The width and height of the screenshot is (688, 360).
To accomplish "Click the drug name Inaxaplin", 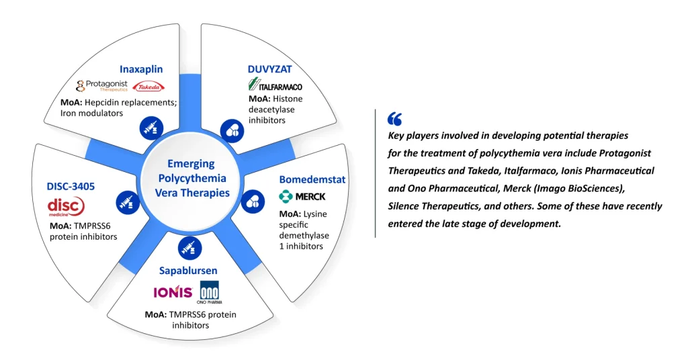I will pos(141,69).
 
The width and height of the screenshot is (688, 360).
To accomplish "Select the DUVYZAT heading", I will pos(267,69).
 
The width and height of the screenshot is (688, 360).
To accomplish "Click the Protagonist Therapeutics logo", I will pos(102,86).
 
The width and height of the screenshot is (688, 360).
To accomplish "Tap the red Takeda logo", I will pos(148,87).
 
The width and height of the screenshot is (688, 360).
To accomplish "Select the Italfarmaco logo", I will pos(275,85).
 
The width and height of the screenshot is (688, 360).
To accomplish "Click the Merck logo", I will pos(302,197).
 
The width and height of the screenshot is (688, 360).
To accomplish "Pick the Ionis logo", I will pos(173,292).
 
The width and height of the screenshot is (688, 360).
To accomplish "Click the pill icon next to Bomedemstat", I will pos(253,201).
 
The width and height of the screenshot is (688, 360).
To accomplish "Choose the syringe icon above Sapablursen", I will pos(189,247).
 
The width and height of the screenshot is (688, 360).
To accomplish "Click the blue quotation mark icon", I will pos(394,119).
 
